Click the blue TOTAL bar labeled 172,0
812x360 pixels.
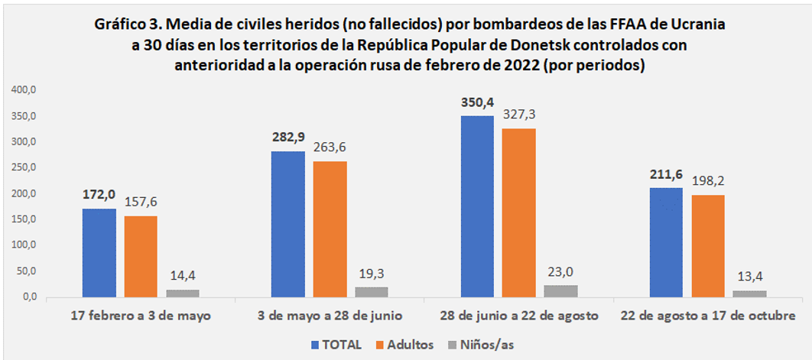tap(99, 252)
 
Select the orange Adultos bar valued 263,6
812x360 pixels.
tap(330, 229)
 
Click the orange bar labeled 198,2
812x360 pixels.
tap(708, 245)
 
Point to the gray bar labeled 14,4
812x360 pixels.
tap(183, 293)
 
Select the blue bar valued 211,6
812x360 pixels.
tap(666, 242)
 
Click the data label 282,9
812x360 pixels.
tap(287, 138)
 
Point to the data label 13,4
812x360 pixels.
tap(749, 276)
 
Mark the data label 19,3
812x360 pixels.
tap(372, 273)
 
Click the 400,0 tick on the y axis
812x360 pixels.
tap(26, 90)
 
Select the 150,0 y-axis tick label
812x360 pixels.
tap(26, 219)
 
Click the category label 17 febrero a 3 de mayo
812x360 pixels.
tap(140, 316)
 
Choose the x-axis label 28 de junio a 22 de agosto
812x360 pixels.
tap(518, 316)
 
